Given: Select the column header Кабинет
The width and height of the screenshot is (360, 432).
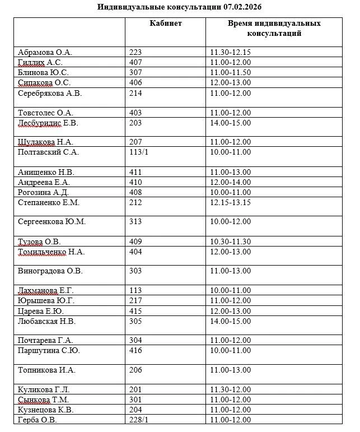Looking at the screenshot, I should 165,24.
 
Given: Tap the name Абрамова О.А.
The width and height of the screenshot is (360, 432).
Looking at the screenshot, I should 45,53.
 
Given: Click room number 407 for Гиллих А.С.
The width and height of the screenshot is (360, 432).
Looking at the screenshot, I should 136,63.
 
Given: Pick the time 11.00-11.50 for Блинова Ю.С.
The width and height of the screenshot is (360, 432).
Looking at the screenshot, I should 230,73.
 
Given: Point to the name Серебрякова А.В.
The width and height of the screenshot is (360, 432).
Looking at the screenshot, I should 50,94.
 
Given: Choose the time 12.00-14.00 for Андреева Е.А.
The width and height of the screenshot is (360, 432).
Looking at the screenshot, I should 230,183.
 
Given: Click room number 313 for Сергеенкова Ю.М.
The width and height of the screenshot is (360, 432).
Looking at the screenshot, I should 136,222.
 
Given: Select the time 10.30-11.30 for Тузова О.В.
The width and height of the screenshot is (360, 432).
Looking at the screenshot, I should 230,242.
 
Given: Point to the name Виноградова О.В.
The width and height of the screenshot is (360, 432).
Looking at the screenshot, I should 50,271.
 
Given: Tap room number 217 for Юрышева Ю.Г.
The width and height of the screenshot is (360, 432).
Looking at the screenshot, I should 136,301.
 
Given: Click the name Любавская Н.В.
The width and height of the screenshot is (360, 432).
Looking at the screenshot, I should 47,322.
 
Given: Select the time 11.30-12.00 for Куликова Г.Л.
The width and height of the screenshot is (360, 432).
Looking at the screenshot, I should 230,390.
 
